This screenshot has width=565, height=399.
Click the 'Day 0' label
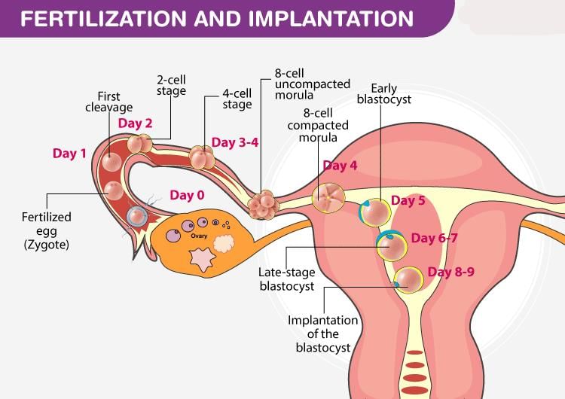[x=187, y=195]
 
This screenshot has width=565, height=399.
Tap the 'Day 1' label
[x=69, y=154]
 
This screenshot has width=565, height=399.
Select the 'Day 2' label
[x=136, y=123]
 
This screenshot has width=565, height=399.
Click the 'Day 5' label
[x=408, y=201]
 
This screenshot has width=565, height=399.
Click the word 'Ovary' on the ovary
[x=199, y=236]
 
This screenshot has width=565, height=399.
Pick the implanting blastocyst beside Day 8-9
[x=410, y=279]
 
